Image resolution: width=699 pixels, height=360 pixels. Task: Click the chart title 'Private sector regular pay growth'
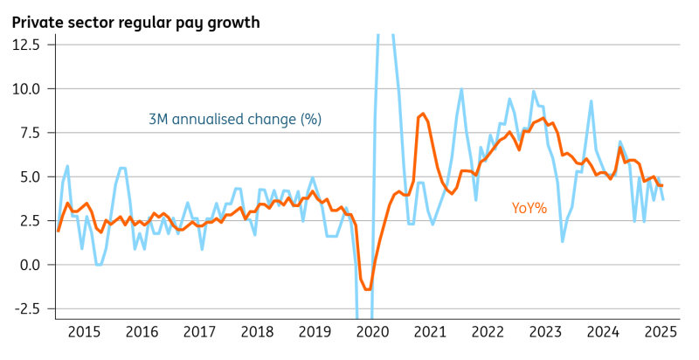pos(135,22)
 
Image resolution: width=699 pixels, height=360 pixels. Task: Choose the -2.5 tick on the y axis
pos(24,308)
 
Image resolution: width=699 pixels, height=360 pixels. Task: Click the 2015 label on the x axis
pos(84,332)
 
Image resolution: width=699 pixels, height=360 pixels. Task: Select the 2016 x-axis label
pos(142,332)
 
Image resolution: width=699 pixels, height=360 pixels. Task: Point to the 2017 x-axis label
pos(199,332)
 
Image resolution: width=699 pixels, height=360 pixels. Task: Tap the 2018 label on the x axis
pos(257,332)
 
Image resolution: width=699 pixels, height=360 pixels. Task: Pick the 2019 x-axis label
pos(315,332)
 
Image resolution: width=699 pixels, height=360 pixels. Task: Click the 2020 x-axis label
pos(372,332)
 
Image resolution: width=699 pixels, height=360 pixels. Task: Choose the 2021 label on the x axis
pos(430,332)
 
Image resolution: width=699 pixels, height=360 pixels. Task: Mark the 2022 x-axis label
pos(488,332)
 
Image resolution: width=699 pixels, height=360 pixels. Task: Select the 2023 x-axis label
pos(545,332)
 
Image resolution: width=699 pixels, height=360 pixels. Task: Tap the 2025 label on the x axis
pos(661,332)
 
